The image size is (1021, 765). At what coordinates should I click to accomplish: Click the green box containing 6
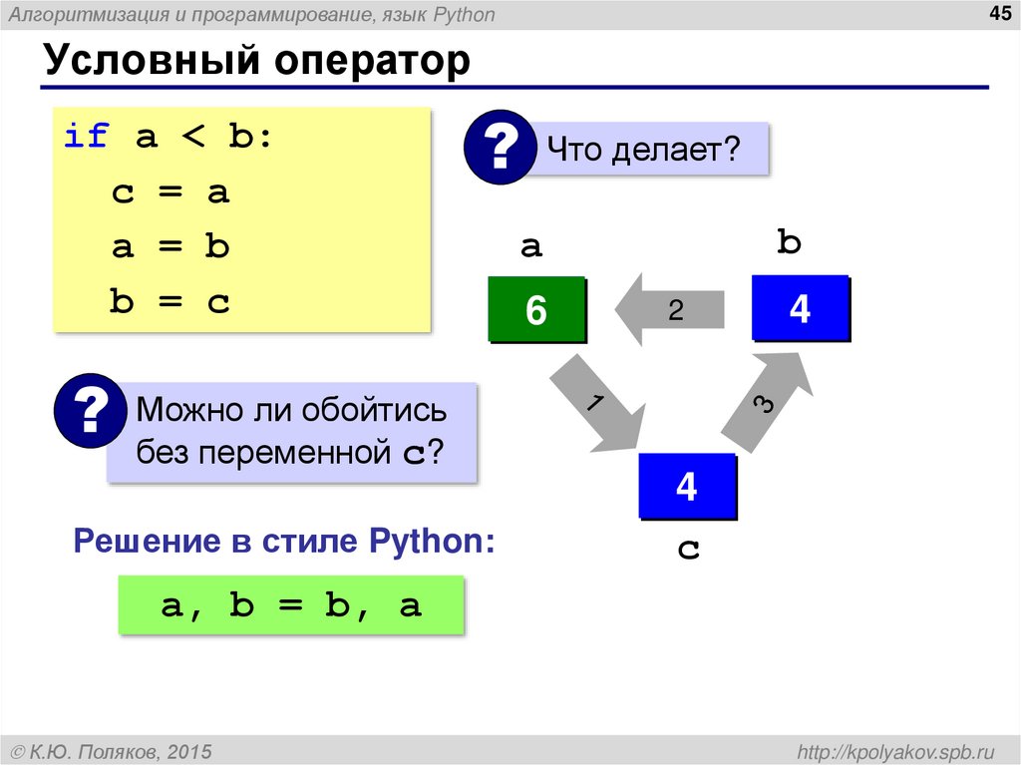tap(536, 310)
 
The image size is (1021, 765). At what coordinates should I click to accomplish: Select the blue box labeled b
tap(800, 308)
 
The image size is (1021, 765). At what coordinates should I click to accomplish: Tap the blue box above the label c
tap(686, 486)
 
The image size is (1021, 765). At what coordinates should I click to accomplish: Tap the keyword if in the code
tap(87, 137)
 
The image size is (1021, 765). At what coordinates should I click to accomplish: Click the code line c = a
tap(170, 191)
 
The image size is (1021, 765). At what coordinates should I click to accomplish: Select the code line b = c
tap(170, 301)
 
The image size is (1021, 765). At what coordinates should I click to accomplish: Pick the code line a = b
tap(170, 246)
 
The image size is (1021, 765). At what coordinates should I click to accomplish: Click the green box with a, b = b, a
tap(291, 604)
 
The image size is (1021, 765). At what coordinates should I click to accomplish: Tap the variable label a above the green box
tap(531, 246)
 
